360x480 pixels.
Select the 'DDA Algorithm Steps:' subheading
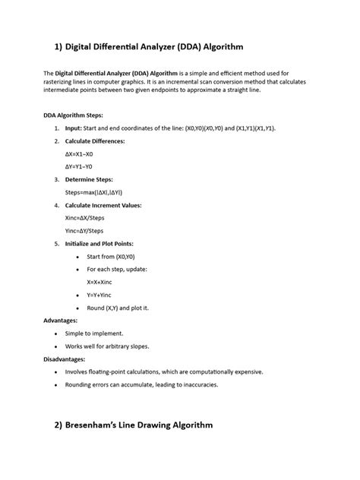(x=73, y=115)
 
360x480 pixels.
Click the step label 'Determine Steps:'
(x=89, y=179)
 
